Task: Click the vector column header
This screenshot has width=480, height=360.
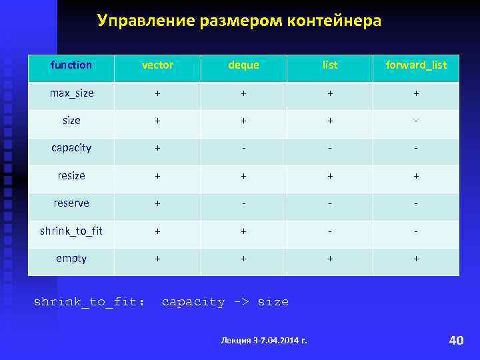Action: (157, 65)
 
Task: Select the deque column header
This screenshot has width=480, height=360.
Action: (243, 65)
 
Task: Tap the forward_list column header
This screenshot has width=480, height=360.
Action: (416, 65)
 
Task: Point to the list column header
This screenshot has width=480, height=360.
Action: (330, 65)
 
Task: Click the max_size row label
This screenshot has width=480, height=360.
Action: (71, 93)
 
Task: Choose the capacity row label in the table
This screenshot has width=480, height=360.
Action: (71, 148)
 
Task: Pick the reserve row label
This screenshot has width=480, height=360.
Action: (71, 203)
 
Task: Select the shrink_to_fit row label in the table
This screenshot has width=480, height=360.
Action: (71, 231)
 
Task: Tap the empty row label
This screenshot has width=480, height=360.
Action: (71, 259)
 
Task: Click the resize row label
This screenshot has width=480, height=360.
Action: (71, 176)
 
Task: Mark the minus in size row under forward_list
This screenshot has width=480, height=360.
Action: (416, 121)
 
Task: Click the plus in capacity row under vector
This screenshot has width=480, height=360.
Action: (157, 148)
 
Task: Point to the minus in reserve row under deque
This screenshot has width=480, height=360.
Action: (243, 203)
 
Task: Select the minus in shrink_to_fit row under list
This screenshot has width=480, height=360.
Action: (330, 231)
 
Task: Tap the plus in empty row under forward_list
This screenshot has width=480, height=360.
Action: (416, 259)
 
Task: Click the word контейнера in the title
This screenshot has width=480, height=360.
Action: (335, 21)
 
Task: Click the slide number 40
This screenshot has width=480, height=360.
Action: (456, 341)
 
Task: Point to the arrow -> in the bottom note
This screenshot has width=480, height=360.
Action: (241, 302)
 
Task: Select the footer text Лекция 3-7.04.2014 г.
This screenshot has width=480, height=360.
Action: (264, 341)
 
